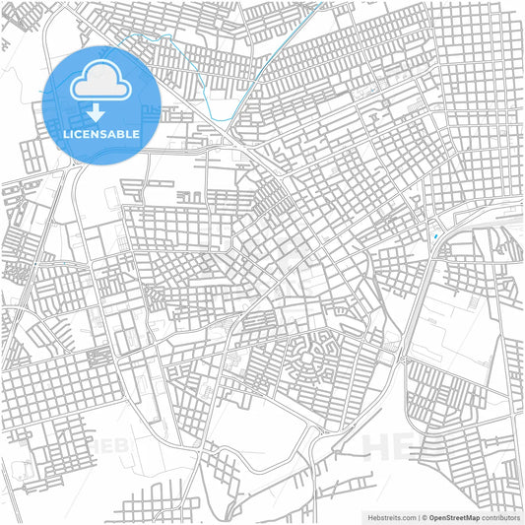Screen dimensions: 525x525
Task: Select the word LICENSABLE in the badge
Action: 102,133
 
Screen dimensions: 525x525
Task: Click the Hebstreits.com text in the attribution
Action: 388,516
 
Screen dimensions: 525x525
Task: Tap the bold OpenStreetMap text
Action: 455,516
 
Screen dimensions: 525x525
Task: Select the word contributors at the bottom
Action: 500,516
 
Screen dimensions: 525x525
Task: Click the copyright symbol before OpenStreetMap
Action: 425,516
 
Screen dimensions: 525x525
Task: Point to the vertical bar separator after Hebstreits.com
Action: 418,516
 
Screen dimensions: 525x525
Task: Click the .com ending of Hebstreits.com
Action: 405,516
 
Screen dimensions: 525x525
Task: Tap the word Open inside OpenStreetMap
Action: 439,516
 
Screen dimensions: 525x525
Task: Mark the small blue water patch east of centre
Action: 435,236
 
